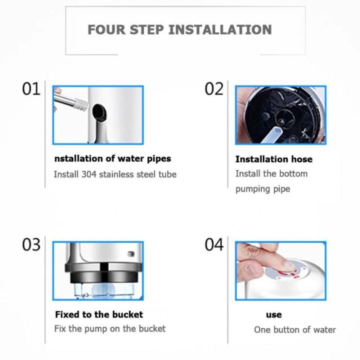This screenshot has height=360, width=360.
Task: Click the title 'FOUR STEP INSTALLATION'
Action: (179, 29)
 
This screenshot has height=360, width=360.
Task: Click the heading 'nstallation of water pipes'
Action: (112, 158)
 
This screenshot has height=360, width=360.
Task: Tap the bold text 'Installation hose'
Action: (273, 159)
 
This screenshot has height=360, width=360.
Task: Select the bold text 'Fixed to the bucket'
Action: (98, 314)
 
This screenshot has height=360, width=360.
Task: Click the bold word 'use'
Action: (273, 315)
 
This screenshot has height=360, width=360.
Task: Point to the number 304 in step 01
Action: (90, 174)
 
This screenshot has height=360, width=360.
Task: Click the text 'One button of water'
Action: (294, 329)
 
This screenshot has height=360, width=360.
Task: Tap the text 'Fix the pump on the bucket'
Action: (109, 329)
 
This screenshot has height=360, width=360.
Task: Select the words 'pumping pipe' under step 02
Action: (262, 189)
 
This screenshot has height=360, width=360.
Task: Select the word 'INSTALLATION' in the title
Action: (219, 29)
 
